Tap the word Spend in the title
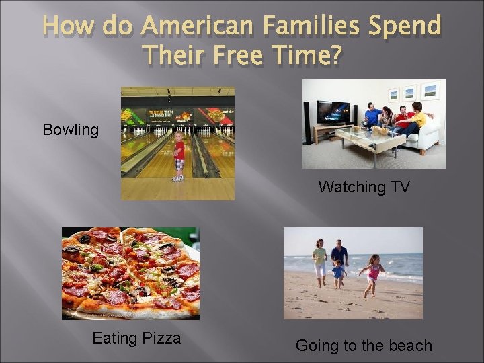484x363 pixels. coord(407,27)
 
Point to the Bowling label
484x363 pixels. coord(71,130)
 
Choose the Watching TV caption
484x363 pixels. coord(364,187)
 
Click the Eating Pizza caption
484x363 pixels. coord(136,338)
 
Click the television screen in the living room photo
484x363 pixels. coord(333,111)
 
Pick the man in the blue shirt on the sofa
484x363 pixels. coord(372,115)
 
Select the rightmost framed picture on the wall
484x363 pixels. coord(430,90)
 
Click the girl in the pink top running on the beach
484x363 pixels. coord(374,272)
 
